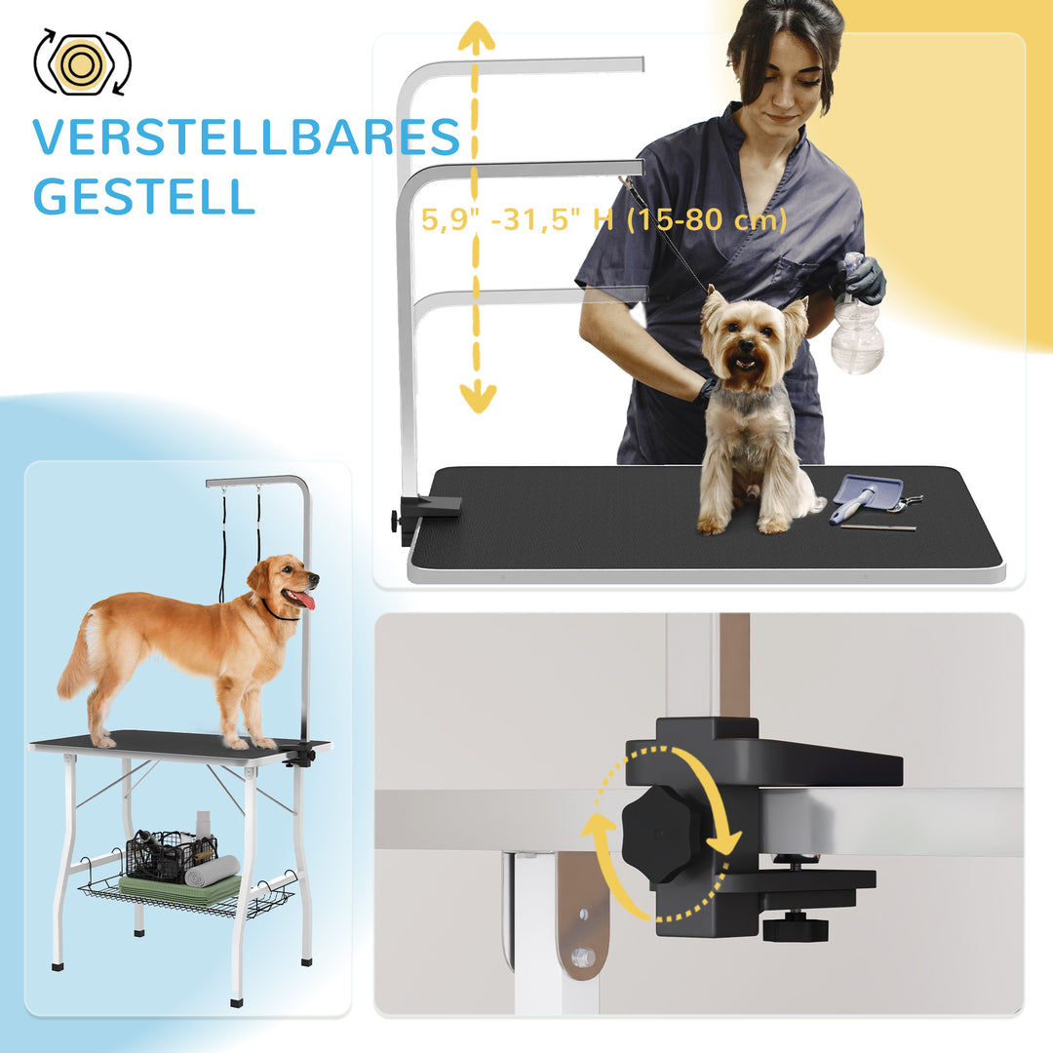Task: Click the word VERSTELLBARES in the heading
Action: tap(246, 137)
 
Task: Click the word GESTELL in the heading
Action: tap(143, 197)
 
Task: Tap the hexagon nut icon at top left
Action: tap(82, 63)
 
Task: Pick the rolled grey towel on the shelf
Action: tap(213, 870)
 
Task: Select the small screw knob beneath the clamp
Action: tap(795, 926)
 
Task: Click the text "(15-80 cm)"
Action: tap(706, 220)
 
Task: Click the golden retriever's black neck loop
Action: tap(280, 614)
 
